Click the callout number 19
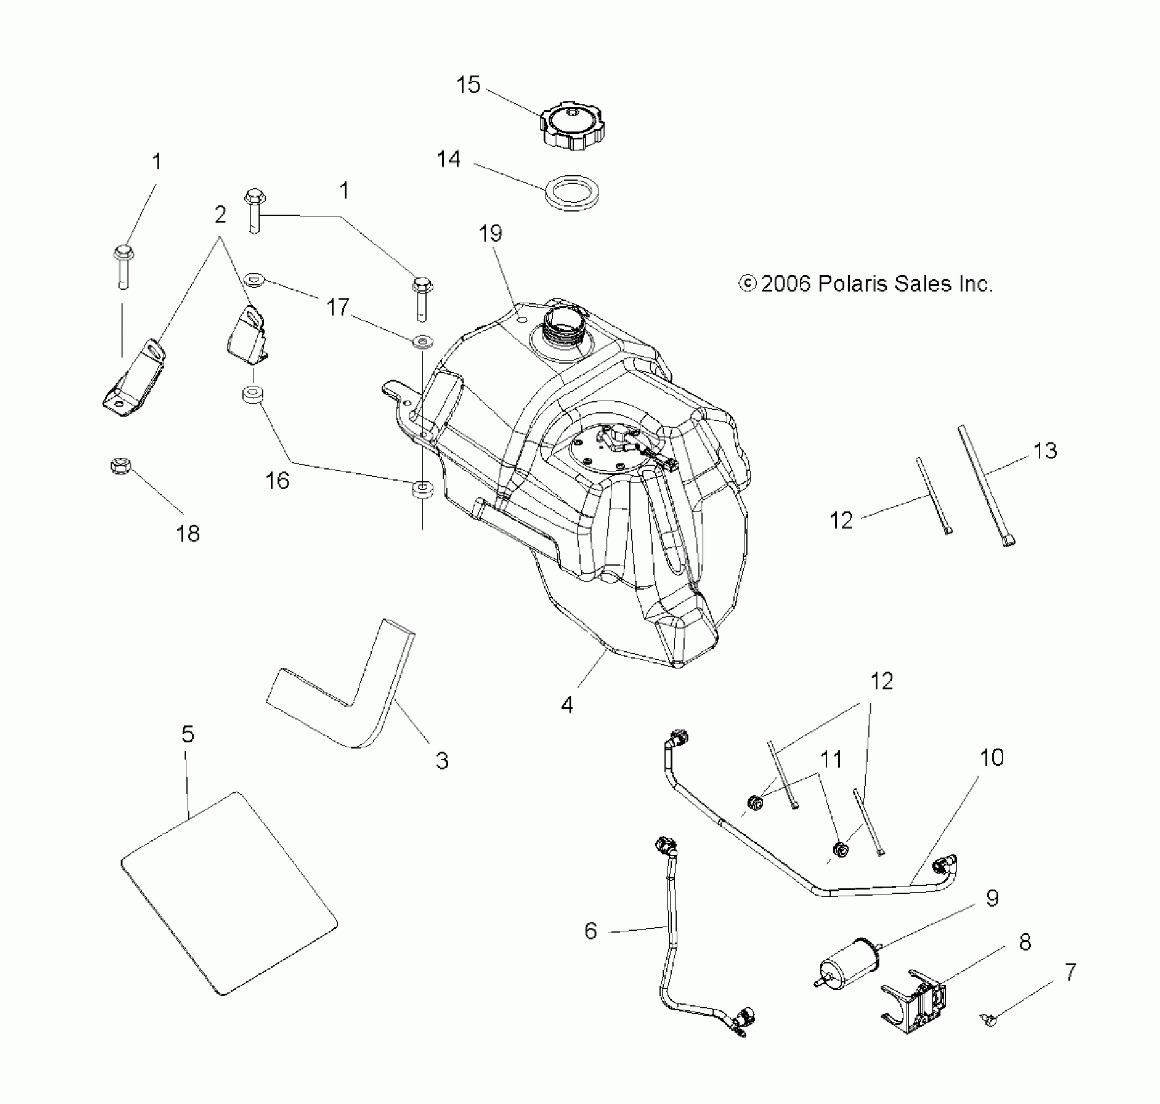point(490,233)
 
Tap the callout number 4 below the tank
point(567,705)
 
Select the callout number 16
point(277,481)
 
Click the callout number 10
point(992,757)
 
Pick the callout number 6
point(590,931)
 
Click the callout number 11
point(831,759)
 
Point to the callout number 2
point(220,214)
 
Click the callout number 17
point(338,307)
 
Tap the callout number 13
point(1045,451)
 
